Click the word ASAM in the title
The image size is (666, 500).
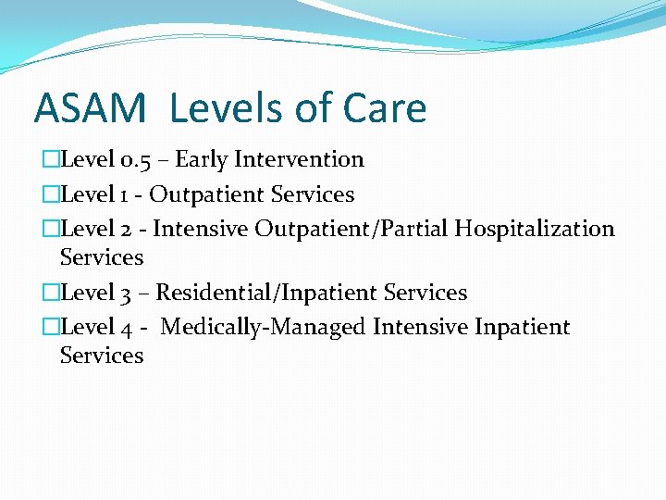[90, 108]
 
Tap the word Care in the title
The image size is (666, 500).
[386, 108]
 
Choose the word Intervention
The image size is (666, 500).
[299, 160]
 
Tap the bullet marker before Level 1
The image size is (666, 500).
[51, 195]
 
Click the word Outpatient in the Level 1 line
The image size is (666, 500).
[208, 195]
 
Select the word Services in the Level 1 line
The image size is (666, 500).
[314, 195]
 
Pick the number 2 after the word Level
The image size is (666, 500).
[127, 229]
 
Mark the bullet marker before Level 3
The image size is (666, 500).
[51, 294]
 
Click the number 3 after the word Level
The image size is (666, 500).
[127, 294]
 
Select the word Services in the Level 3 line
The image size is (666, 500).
[425, 294]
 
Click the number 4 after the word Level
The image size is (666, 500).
[127, 328]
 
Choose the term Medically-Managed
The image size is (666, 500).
[264, 328]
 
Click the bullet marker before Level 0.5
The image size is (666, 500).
[51, 160]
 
